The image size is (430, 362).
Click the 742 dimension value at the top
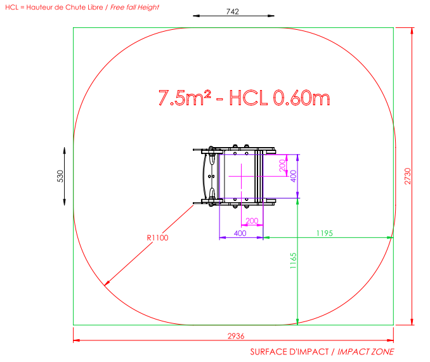pos(233,11)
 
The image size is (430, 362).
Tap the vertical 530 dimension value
pos(60,176)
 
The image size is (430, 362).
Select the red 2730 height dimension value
pos(408,176)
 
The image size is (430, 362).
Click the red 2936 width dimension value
pos(236,336)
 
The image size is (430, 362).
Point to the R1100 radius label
pos(157,238)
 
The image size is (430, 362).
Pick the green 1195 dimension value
pos(325,233)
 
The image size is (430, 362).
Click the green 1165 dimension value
pos(293,261)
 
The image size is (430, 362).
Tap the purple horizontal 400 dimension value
pos(240,233)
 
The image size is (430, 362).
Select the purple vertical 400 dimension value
pos(293,176)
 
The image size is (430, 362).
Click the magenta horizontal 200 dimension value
pos(252,221)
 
